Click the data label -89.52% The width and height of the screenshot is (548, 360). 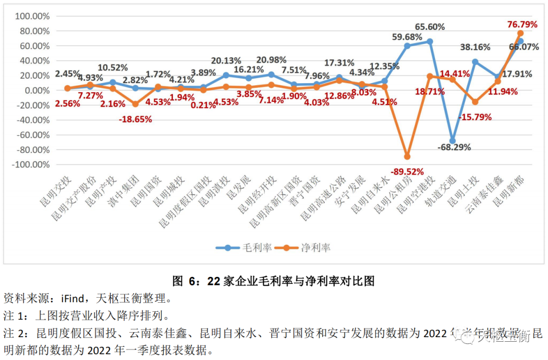[x=406, y=172]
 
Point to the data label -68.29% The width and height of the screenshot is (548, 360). [x=454, y=148]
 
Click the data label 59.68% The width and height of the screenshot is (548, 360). [x=407, y=37]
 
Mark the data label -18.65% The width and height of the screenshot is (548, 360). [x=135, y=119]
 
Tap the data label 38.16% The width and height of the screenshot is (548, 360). [x=475, y=47]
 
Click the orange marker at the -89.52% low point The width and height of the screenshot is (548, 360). [x=407, y=157]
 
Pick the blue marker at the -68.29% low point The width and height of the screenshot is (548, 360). [x=452, y=141]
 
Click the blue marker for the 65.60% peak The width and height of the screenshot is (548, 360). [x=429, y=42]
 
